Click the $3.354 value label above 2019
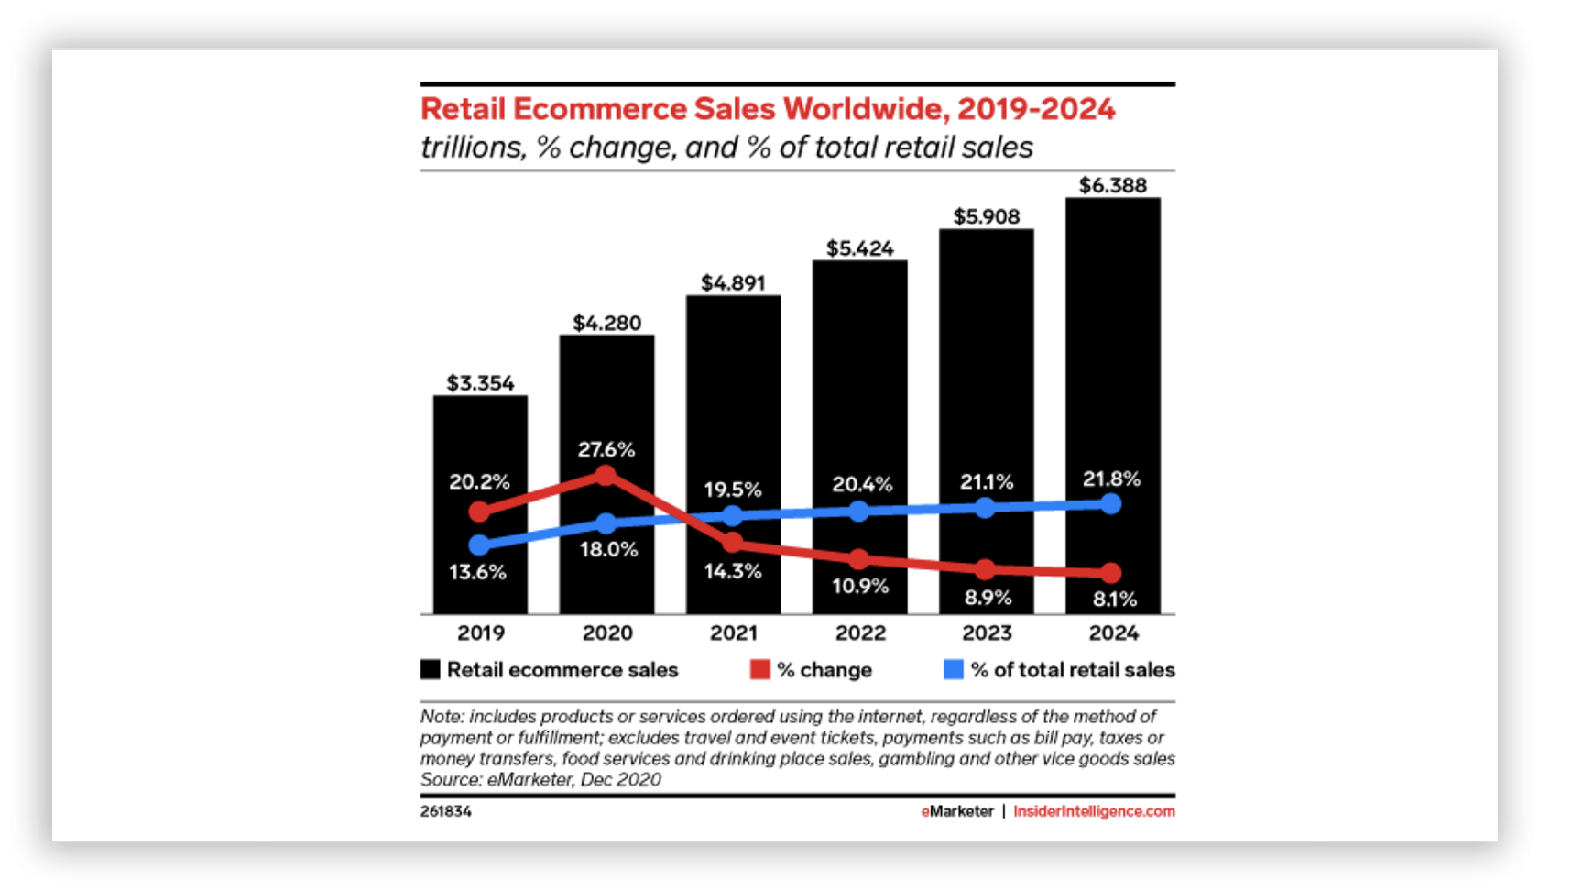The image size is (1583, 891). tap(480, 383)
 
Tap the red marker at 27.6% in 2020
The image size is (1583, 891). tap(606, 475)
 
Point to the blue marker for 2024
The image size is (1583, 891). tap(1111, 503)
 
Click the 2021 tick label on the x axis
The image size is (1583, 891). tap(734, 632)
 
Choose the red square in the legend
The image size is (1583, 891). tap(759, 670)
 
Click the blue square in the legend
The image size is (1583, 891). tap(954, 670)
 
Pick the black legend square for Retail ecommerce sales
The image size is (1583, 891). tap(431, 670)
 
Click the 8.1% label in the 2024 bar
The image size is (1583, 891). tap(1114, 599)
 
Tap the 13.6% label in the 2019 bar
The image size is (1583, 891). tap(477, 572)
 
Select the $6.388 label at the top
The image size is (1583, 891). tap(1112, 185)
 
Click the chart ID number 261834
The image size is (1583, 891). tap(446, 811)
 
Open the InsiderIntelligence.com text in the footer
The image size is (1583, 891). tap(1094, 811)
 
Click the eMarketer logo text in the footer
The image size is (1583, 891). tap(957, 811)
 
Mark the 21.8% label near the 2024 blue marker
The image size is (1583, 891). tap(1111, 478)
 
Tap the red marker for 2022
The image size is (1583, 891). tap(858, 559)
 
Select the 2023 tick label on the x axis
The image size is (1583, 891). tap(987, 632)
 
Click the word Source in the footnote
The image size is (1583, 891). tap(450, 780)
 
